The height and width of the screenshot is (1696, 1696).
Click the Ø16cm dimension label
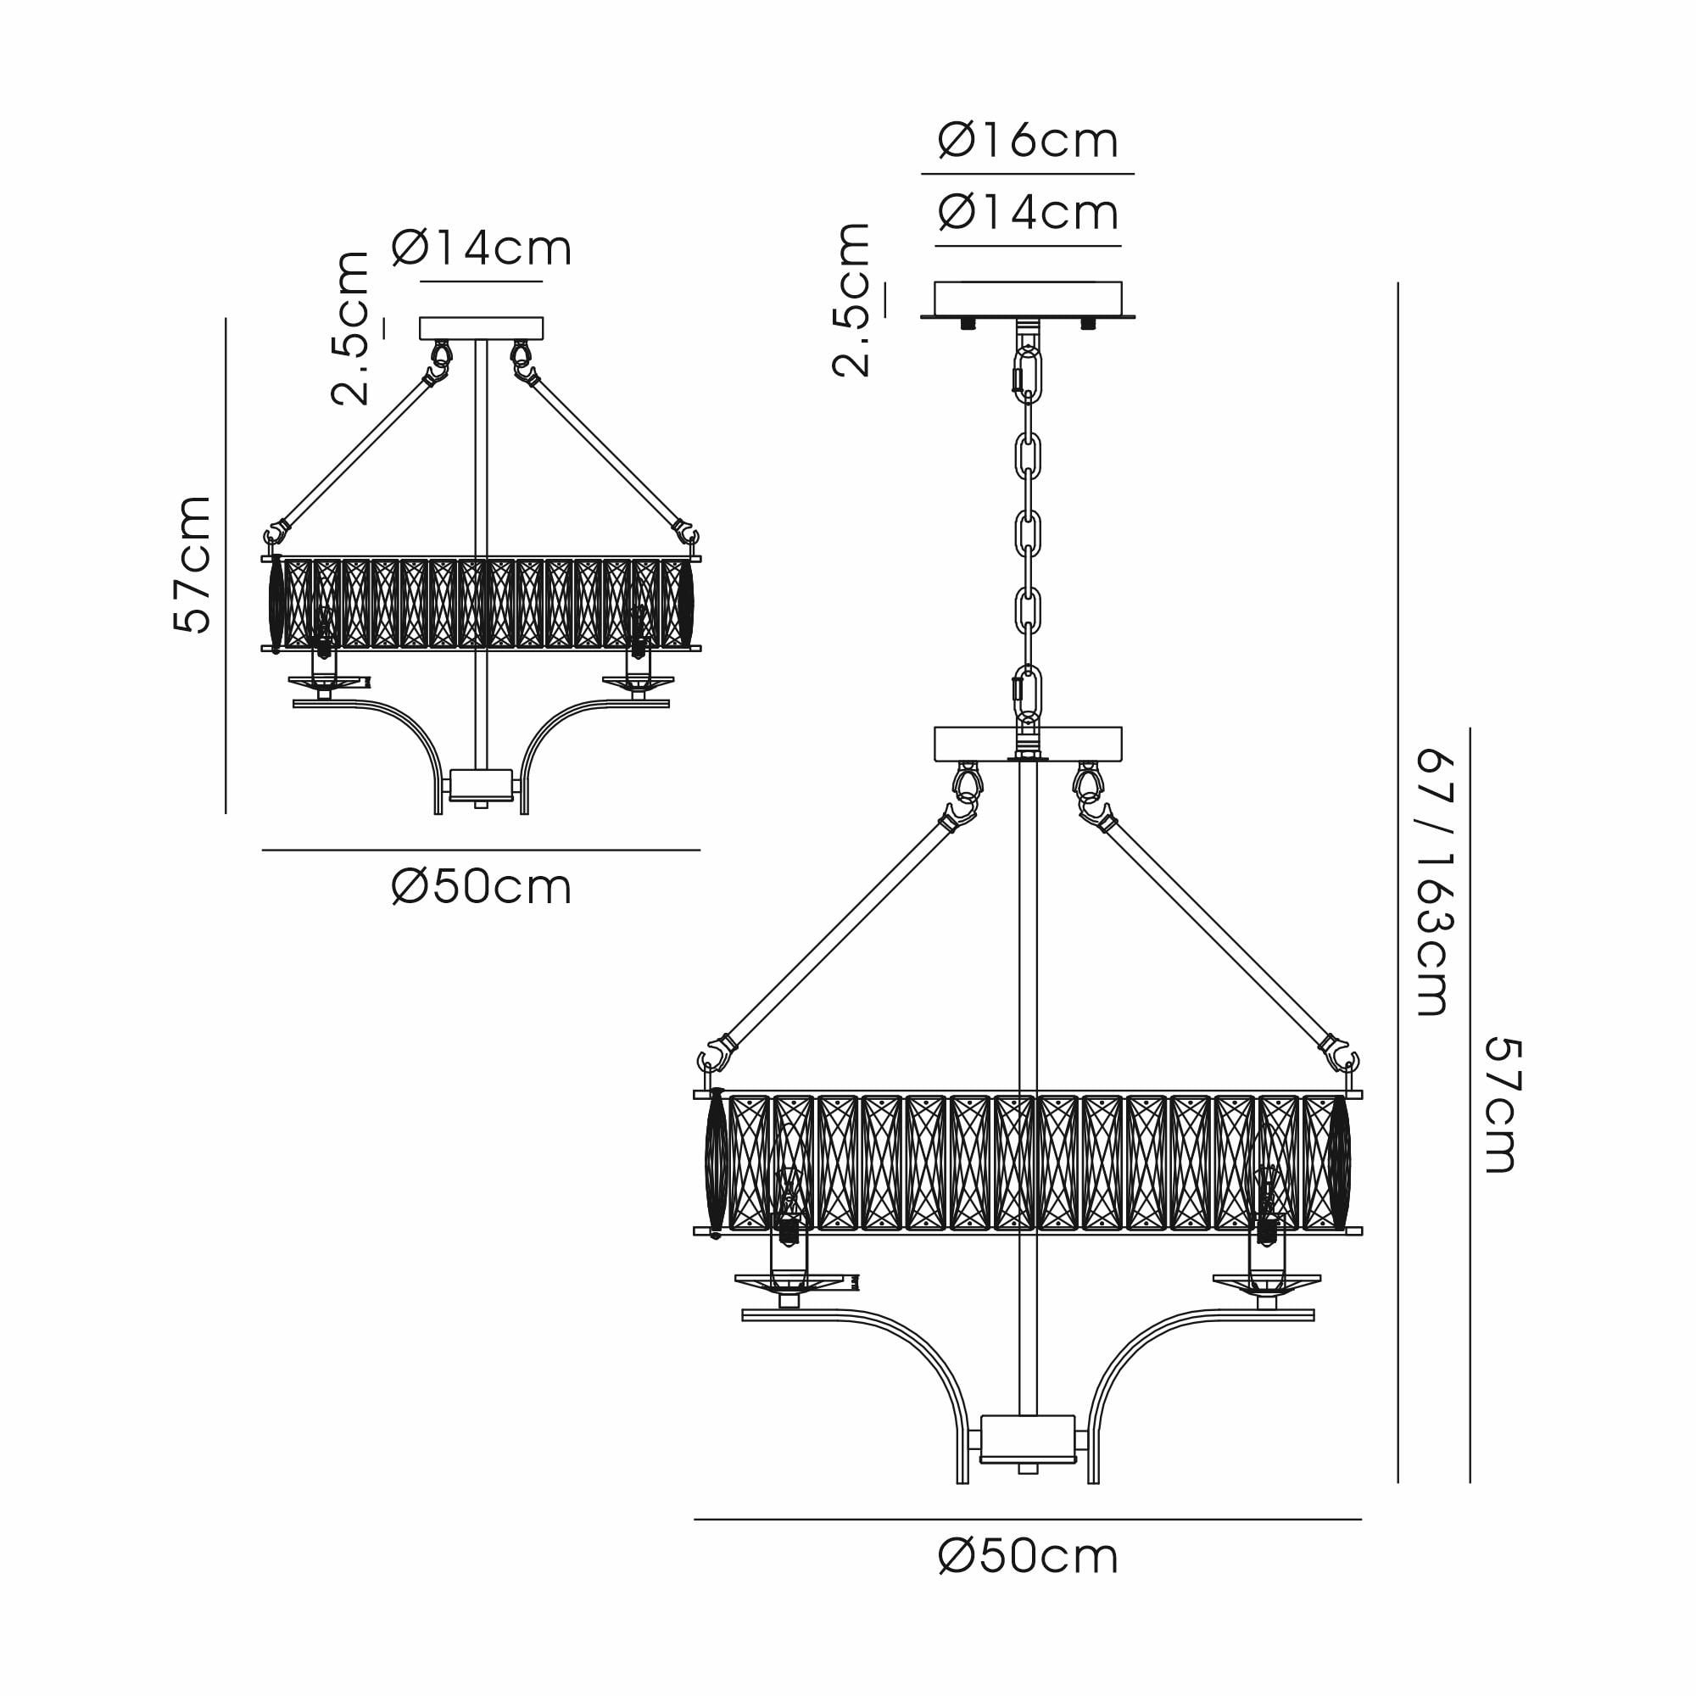click(1028, 141)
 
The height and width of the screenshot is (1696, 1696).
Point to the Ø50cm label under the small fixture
click(481, 888)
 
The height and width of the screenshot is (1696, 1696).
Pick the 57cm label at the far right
click(1503, 1105)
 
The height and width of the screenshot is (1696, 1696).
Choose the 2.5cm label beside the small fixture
click(350, 328)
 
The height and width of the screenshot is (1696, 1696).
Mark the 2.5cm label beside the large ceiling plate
click(851, 300)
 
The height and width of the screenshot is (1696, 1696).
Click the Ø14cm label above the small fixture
click(481, 248)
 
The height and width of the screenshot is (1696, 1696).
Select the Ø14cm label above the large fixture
click(1028, 213)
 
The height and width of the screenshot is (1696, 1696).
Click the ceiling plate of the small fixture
click(481, 328)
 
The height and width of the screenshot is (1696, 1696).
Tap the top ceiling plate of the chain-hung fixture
click(1028, 299)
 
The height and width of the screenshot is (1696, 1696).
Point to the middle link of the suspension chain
click(1028, 533)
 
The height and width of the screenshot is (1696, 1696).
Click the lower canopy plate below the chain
click(1028, 744)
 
